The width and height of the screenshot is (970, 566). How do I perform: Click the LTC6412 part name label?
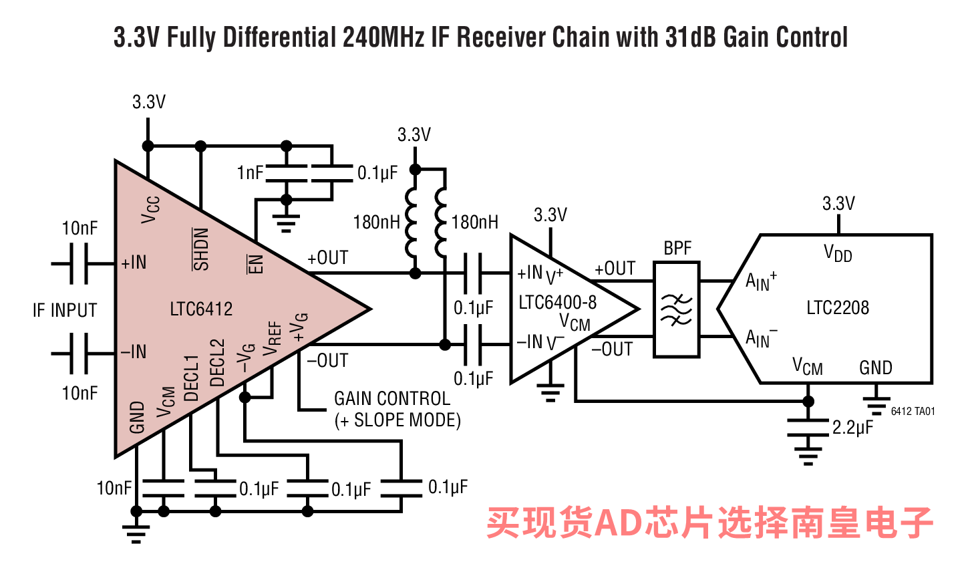[201, 309]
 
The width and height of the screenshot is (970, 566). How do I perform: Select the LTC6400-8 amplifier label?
[557, 302]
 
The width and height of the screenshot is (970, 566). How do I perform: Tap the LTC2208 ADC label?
[838, 307]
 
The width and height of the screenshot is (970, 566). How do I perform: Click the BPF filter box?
[677, 309]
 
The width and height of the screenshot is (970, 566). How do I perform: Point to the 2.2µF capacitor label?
[852, 428]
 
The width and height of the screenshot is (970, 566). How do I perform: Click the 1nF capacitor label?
[251, 173]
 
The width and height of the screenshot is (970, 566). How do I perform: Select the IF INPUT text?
[65, 310]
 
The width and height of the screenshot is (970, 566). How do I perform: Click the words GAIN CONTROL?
[392, 399]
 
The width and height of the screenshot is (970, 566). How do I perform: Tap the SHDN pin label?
[201, 249]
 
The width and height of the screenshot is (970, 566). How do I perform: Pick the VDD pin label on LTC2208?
[838, 254]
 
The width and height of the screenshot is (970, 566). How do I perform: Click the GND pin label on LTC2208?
[875, 368]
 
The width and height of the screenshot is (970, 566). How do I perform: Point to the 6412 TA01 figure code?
[913, 412]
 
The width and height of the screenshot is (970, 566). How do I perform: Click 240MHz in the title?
[383, 37]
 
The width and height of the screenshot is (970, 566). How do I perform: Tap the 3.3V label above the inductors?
[414, 135]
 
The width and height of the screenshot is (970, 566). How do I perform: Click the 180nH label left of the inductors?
[376, 222]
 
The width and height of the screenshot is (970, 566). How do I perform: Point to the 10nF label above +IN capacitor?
[79, 229]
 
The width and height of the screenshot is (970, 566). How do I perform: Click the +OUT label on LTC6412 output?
[327, 258]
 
